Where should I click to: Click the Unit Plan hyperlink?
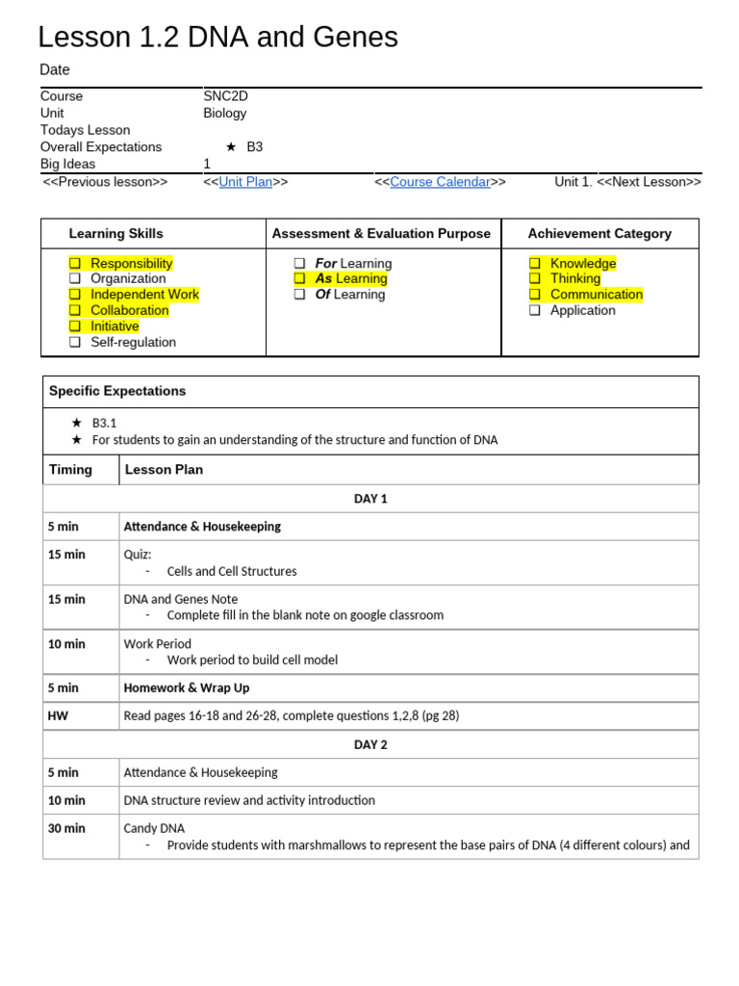pos(245,182)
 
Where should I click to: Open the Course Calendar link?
pos(440,182)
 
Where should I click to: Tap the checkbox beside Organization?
pos(74,279)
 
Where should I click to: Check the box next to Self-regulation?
pos(74,342)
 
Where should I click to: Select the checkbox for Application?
pos(534,310)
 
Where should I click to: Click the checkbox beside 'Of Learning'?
pos(299,295)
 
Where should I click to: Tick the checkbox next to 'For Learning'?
pos(299,264)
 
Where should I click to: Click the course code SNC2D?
pos(225,96)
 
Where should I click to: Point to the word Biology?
pos(224,113)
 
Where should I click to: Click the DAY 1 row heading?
pos(370,499)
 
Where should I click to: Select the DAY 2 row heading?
pos(370,744)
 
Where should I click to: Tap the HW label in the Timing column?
pos(58,715)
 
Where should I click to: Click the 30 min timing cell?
pos(66,828)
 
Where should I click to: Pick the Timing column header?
pos(70,470)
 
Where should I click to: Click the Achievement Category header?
pos(599,233)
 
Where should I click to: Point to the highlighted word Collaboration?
pos(129,310)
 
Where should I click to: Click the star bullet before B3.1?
pos(77,423)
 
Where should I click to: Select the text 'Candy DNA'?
pos(154,828)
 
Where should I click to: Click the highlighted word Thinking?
pos(575,278)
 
